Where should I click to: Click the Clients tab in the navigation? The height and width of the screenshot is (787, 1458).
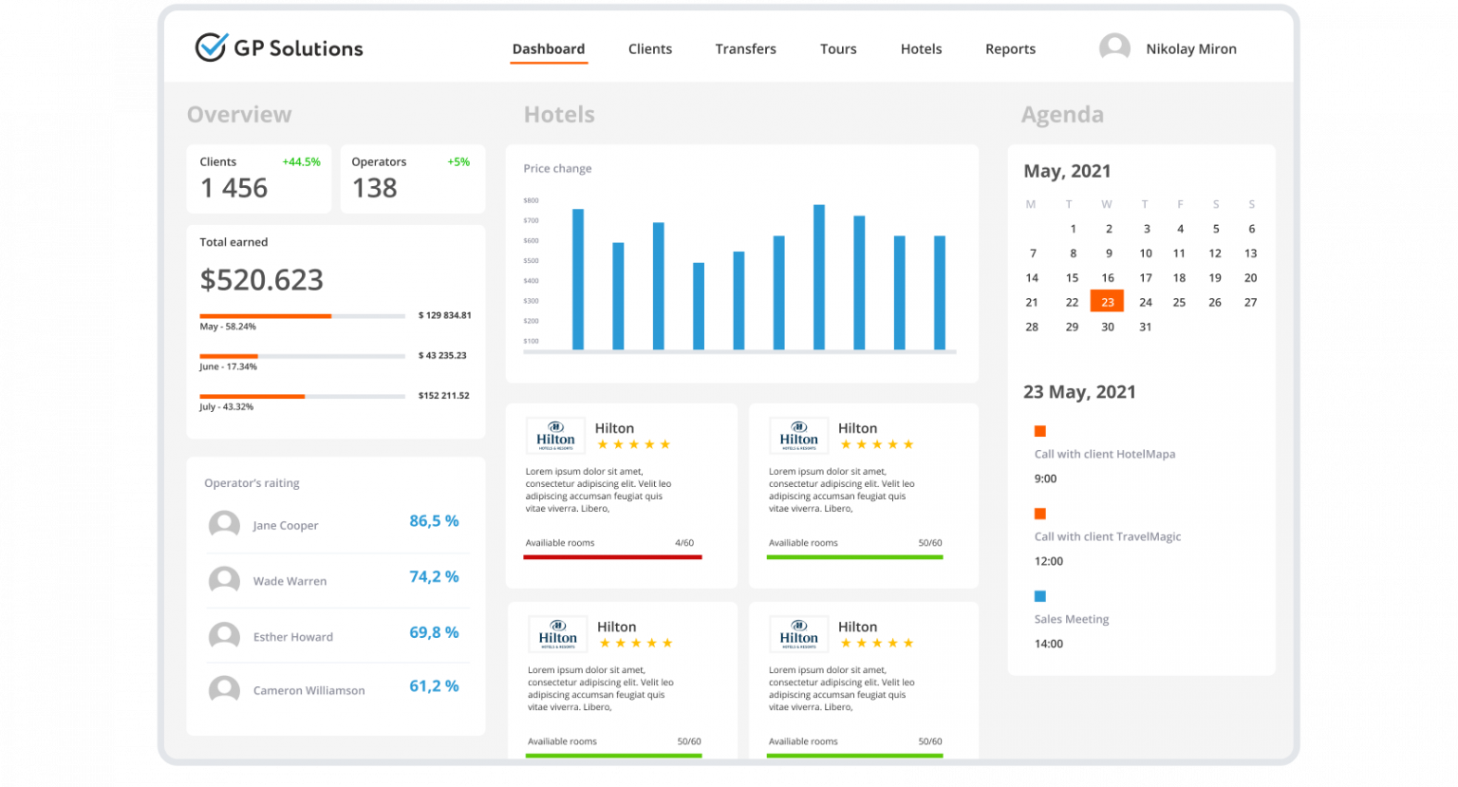[649, 49]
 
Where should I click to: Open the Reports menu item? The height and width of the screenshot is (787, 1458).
[1010, 49]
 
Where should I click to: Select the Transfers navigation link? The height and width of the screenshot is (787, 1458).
[745, 49]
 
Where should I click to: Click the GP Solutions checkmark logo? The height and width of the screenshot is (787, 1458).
[211, 47]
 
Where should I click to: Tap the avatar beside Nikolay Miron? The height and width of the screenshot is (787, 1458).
[1114, 47]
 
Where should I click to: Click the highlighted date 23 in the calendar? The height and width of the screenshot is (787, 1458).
[1107, 302]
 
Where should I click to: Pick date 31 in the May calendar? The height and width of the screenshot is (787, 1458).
[1146, 327]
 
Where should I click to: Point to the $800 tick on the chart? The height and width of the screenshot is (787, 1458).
[531, 200]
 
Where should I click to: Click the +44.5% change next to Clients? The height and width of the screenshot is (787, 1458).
[301, 162]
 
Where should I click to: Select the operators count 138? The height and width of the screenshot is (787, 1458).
[374, 188]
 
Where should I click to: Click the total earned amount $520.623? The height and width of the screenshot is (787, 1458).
[261, 280]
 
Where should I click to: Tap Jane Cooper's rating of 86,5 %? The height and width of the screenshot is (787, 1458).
[434, 521]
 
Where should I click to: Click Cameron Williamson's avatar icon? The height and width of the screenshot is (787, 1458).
[224, 689]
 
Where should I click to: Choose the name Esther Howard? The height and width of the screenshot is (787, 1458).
[292, 637]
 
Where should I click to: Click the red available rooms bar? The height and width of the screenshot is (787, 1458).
[612, 557]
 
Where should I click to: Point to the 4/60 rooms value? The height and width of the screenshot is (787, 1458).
[684, 543]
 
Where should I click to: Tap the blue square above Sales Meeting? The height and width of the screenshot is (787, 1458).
[1039, 596]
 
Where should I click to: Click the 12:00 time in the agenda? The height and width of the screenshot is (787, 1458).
[1048, 561]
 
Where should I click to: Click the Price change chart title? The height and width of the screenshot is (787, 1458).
[557, 169]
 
